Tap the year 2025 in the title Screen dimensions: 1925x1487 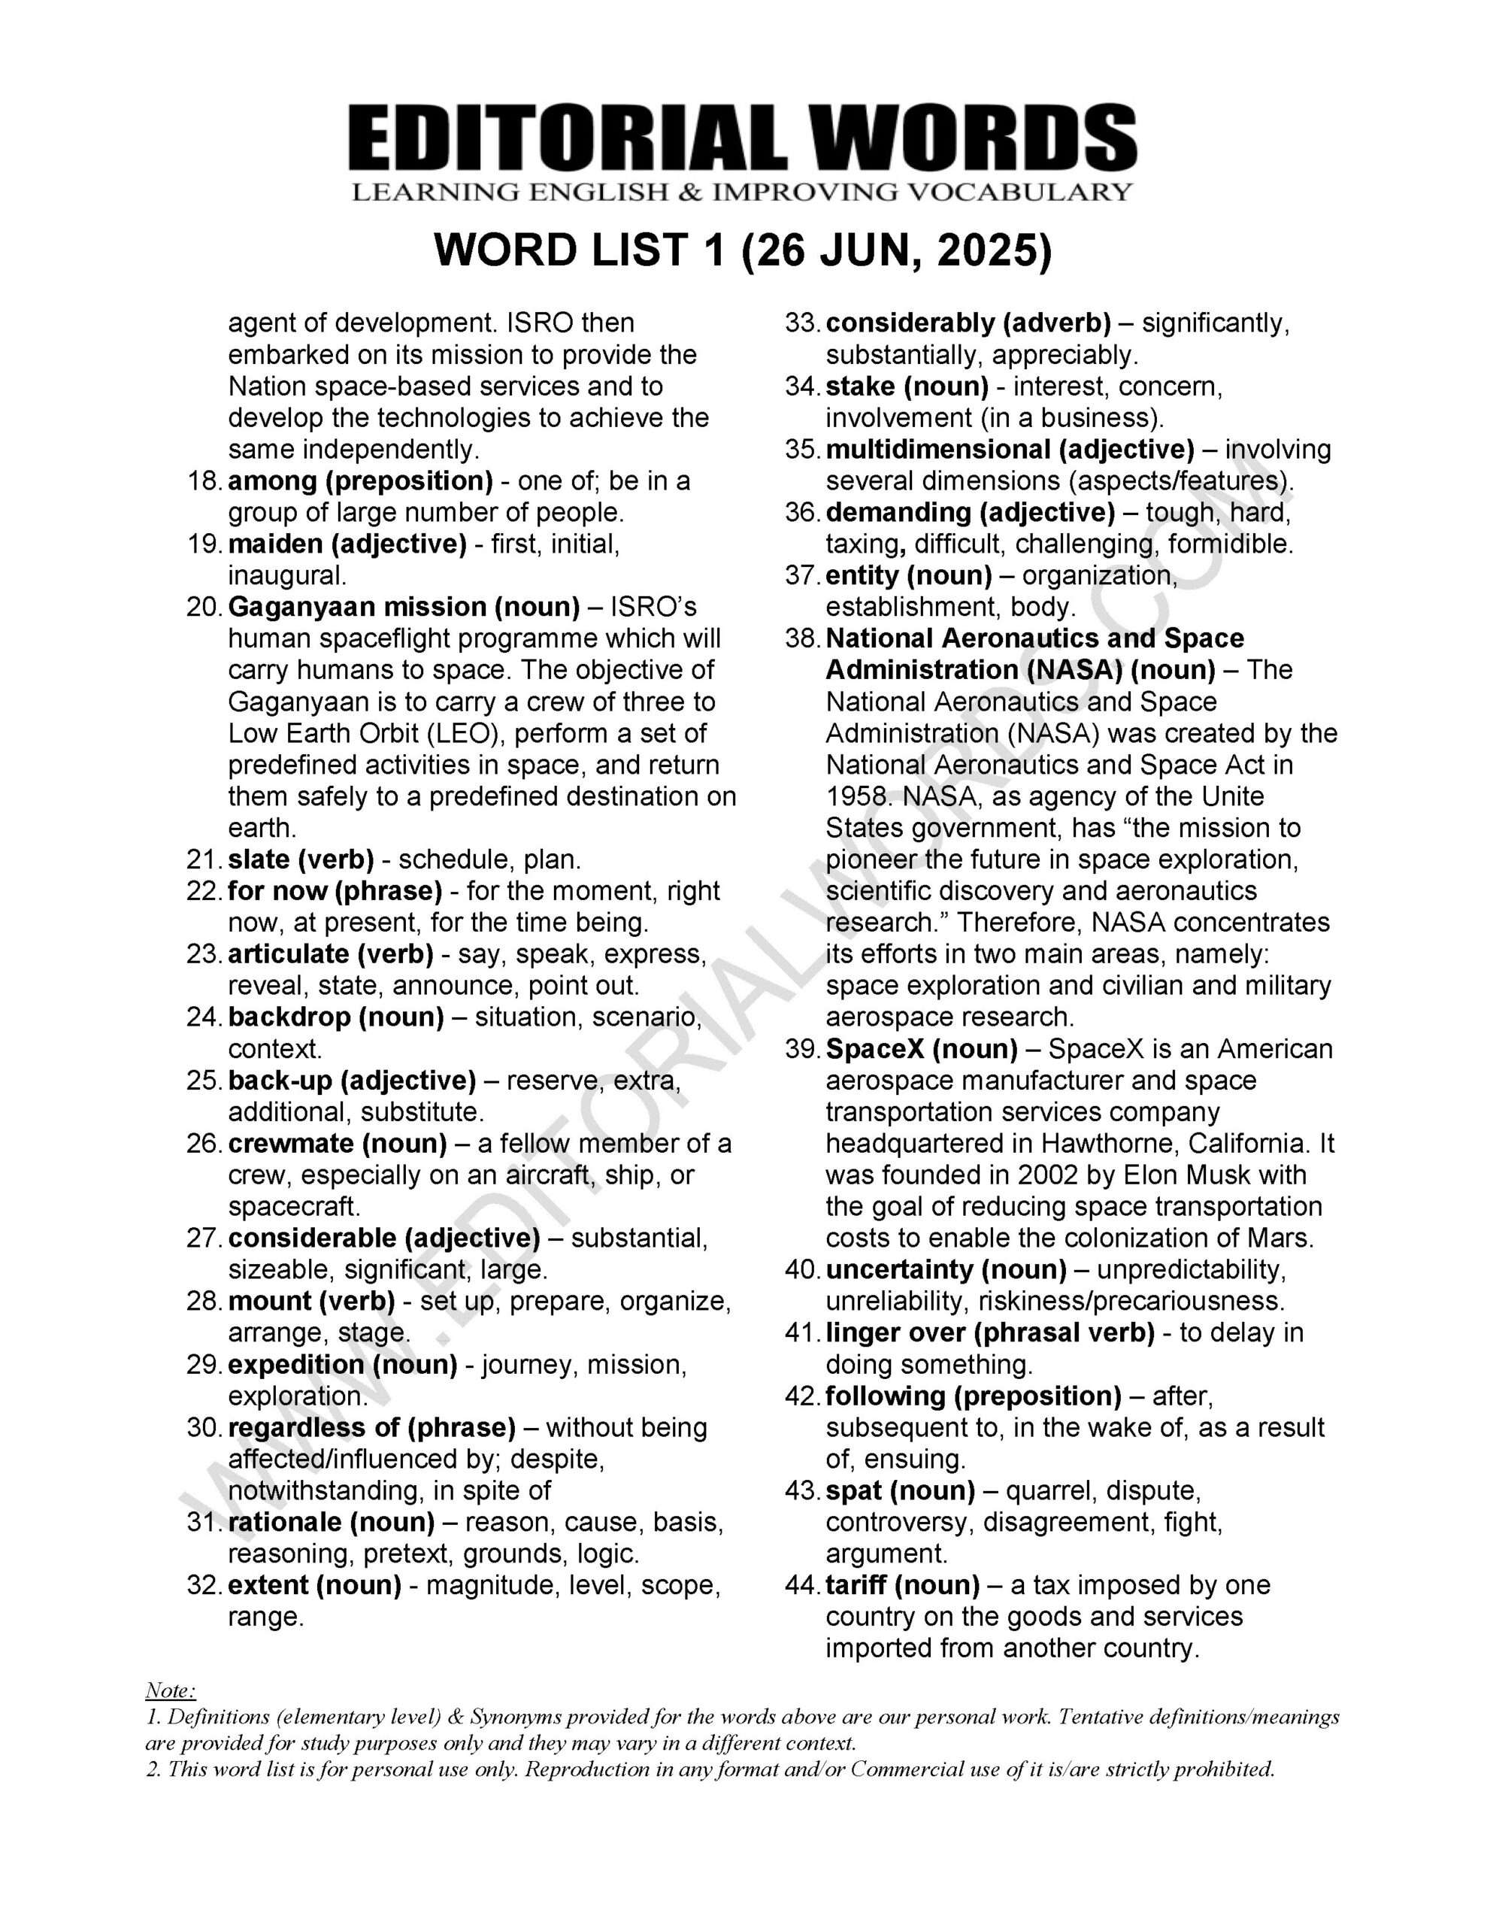point(993,252)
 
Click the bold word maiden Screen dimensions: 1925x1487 point(275,544)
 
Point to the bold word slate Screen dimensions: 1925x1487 point(256,859)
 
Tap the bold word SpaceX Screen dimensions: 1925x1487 point(874,1049)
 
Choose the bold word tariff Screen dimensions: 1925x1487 point(855,1585)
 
